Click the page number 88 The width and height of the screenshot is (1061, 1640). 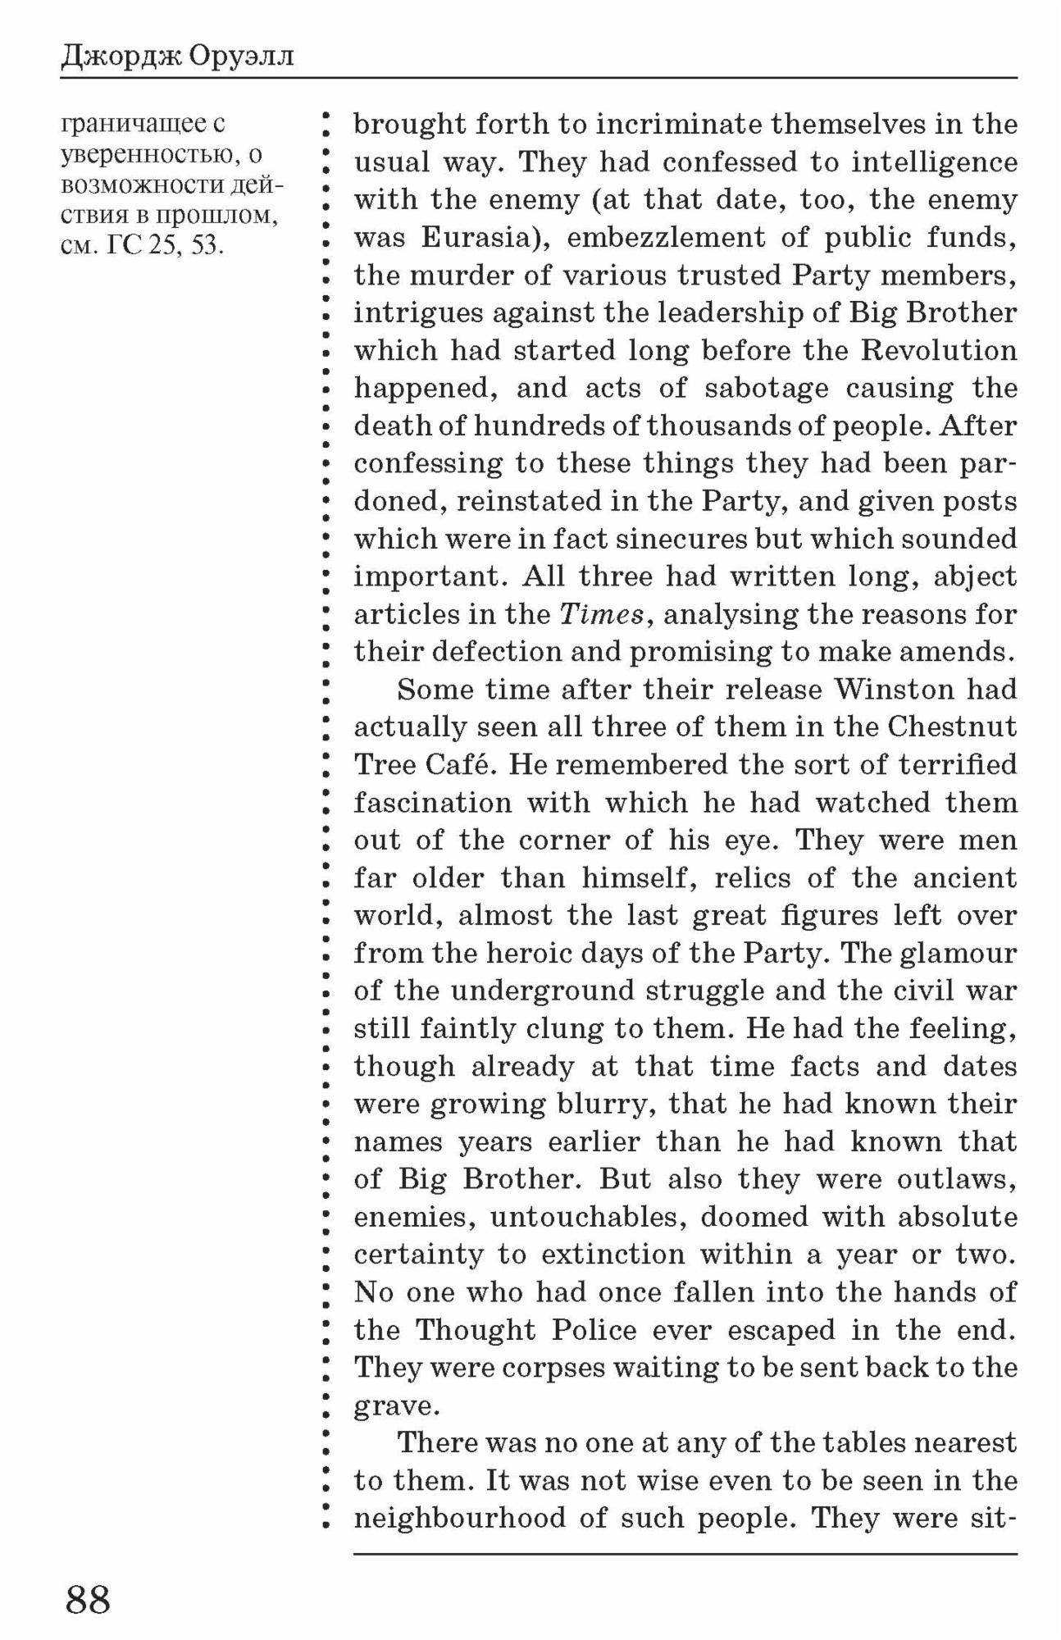click(x=88, y=1599)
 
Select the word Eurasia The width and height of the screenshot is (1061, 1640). click(x=479, y=238)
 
